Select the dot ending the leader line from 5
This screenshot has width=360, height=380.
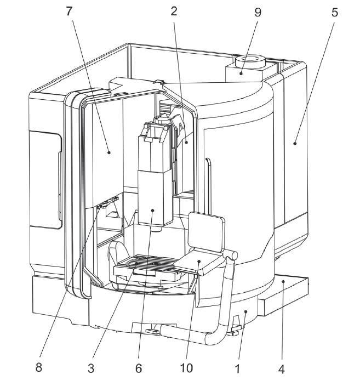pyautogui.click(x=295, y=144)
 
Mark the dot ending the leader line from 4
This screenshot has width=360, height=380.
pyautogui.click(x=283, y=281)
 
